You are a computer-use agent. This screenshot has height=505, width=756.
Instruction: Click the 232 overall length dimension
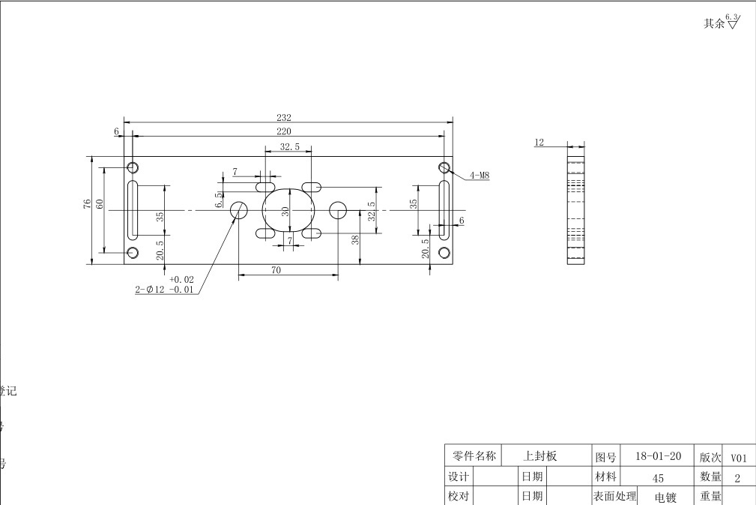click(x=284, y=117)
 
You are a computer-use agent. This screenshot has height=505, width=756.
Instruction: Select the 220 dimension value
click(x=284, y=131)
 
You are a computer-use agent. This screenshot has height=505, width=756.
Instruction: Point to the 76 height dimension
click(x=88, y=203)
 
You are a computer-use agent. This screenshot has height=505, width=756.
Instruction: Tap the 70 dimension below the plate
click(x=276, y=270)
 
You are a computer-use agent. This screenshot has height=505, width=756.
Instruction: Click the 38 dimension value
click(x=355, y=240)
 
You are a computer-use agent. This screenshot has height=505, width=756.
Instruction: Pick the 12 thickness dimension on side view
click(x=539, y=142)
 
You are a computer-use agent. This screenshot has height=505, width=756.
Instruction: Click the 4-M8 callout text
click(x=480, y=176)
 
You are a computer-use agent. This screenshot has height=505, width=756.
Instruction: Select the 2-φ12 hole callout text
click(x=165, y=290)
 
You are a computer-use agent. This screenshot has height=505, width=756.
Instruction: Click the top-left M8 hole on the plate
click(x=133, y=167)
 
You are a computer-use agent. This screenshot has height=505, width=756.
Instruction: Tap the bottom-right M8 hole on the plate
click(x=444, y=252)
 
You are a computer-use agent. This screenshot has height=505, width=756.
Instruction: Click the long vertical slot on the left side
click(x=133, y=208)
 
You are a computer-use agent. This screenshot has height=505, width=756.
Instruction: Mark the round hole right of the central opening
click(x=338, y=210)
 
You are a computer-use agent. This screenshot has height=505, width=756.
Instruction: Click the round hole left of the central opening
click(x=239, y=210)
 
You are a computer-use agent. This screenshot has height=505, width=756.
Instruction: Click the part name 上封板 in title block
click(x=540, y=455)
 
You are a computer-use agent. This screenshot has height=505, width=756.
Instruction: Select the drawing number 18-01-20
click(x=658, y=455)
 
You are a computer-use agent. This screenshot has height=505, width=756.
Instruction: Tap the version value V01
click(x=739, y=457)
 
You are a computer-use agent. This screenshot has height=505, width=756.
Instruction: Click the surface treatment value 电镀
click(x=665, y=497)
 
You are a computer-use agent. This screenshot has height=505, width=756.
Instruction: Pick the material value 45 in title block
click(x=658, y=477)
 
